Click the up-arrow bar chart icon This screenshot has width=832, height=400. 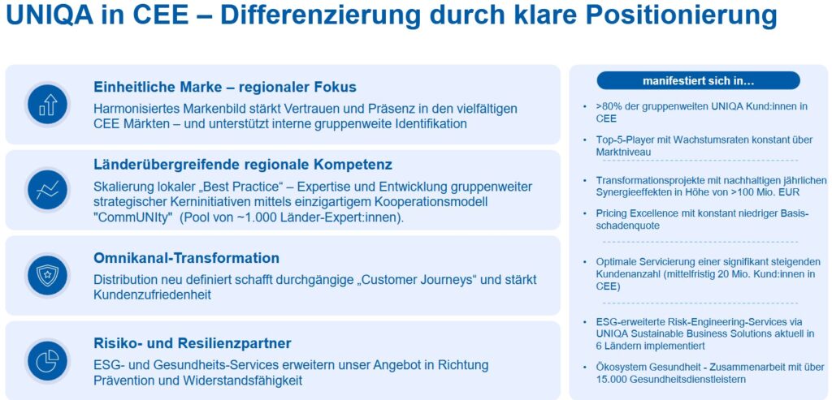tap(48, 105)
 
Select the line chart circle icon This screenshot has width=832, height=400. tap(48, 190)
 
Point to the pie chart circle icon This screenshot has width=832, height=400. tap(48, 361)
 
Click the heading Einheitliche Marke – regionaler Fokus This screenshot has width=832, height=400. tap(225, 87)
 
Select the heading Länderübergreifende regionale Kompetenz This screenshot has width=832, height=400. tap(243, 165)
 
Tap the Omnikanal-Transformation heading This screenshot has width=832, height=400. tap(186, 258)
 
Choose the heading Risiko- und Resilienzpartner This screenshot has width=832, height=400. tap(192, 343)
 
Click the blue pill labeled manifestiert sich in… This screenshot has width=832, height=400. tap(698, 80)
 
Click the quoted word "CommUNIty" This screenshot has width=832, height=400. tap(133, 217)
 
